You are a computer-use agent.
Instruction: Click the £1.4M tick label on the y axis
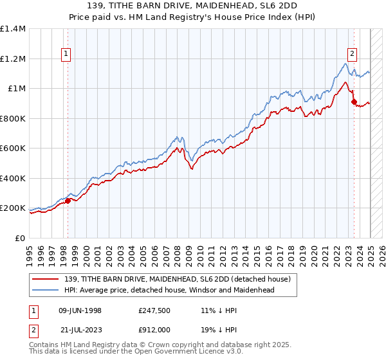[13, 29]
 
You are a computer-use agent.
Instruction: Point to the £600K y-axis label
[13, 148]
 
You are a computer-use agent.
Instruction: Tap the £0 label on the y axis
[20, 239]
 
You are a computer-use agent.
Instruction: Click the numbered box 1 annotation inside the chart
[67, 55]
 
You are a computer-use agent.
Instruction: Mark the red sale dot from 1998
[68, 201]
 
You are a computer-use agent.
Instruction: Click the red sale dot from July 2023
[354, 102]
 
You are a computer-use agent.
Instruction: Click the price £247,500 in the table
[154, 310]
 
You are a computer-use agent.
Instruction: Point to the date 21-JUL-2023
[80, 330]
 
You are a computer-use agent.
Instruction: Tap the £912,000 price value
[154, 330]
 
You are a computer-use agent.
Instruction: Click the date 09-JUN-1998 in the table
[80, 310]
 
